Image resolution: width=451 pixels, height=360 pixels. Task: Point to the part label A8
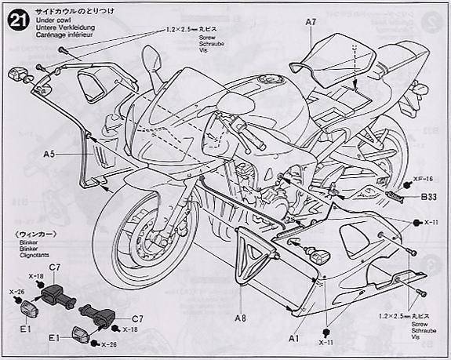click(241, 318)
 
